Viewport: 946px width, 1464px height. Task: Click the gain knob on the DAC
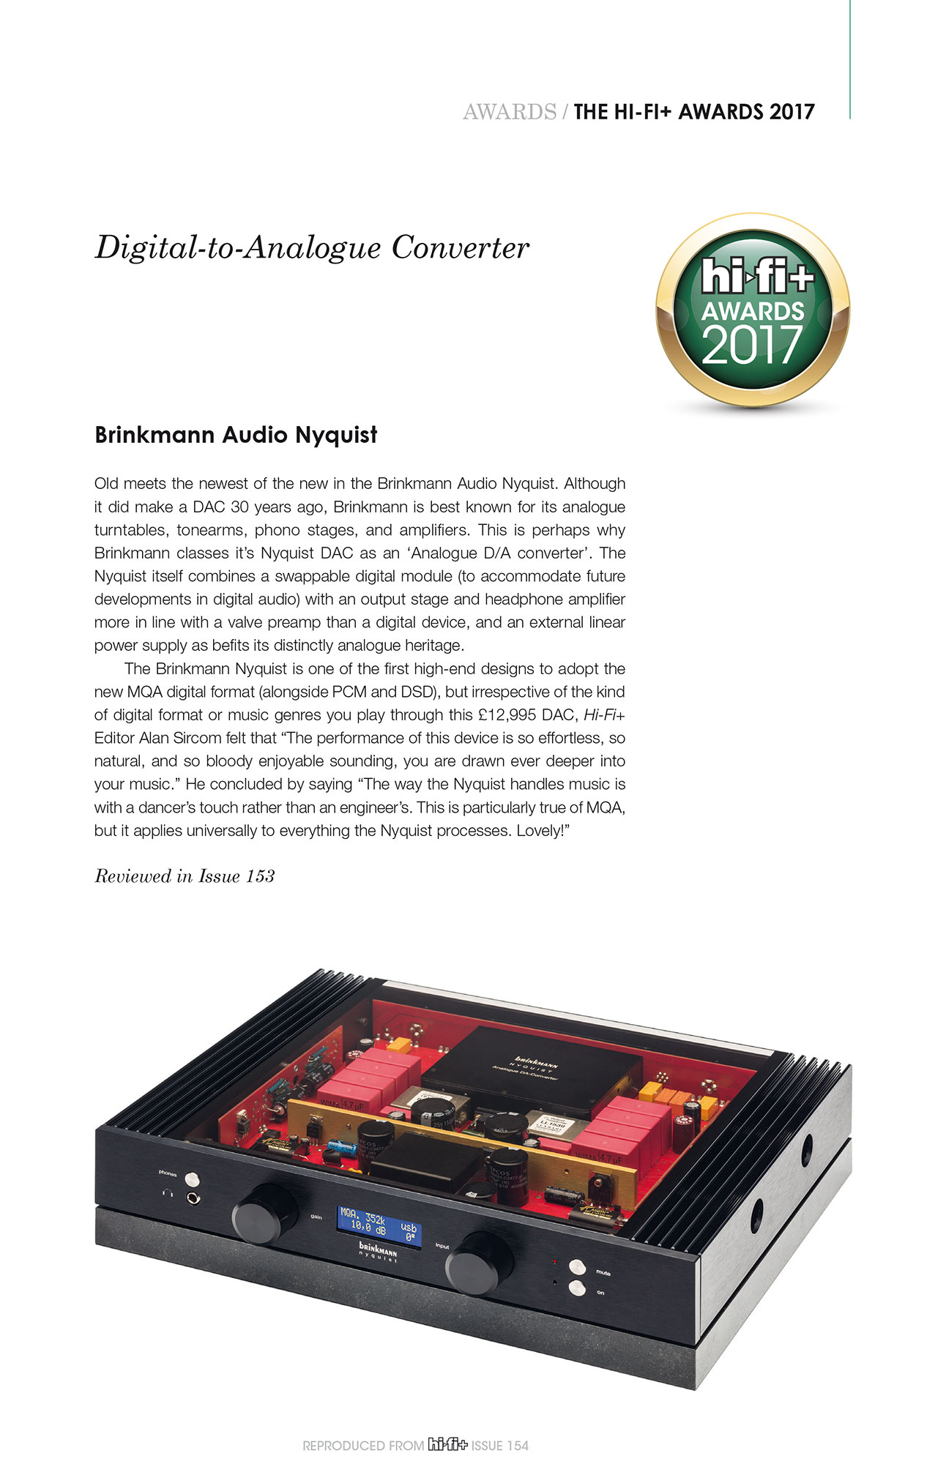tap(264, 1214)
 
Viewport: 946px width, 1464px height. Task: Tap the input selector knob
tap(479, 1263)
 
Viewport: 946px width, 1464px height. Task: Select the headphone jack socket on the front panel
tap(193, 1199)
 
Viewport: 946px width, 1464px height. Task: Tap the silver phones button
tap(192, 1179)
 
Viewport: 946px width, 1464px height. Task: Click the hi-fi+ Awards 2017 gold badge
tap(753, 310)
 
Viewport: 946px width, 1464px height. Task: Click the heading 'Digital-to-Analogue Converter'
tap(312, 247)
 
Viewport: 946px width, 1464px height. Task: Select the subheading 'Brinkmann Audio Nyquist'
tap(236, 435)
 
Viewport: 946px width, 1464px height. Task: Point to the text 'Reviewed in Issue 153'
tap(185, 876)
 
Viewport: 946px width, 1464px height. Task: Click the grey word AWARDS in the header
tap(509, 112)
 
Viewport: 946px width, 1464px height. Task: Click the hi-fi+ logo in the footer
tap(447, 1444)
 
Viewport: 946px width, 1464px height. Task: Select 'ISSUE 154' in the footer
tap(499, 1445)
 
